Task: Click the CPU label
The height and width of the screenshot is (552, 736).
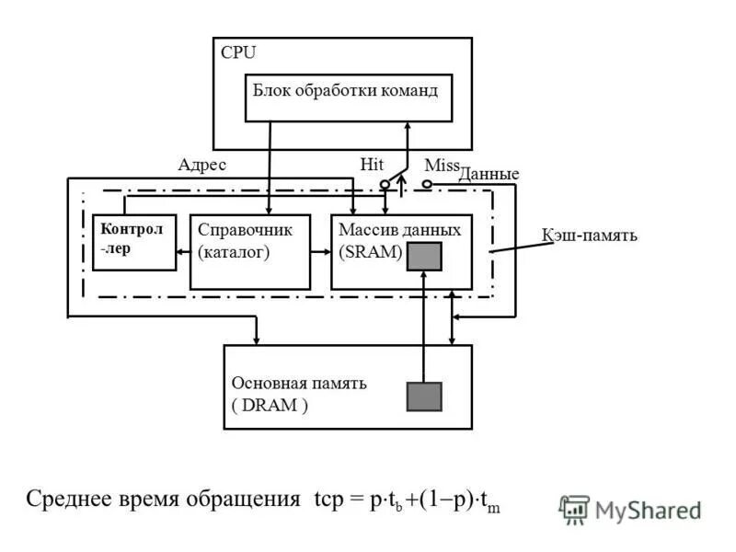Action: point(238,53)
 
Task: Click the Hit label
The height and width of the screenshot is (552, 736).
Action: point(372,165)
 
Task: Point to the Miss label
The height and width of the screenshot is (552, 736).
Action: point(441,165)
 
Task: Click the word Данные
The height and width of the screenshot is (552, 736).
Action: point(489,174)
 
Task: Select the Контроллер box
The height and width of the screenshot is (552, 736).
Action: point(133,242)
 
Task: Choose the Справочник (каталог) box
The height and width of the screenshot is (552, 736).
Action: point(249,251)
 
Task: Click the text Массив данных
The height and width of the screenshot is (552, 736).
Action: point(399,229)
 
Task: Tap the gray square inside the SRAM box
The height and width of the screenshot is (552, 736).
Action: point(424,257)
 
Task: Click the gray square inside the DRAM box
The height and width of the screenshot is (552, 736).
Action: point(424,396)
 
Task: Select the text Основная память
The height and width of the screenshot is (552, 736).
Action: point(299,384)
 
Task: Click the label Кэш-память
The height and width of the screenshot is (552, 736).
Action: point(589,236)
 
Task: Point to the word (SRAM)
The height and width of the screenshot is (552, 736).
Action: point(370,252)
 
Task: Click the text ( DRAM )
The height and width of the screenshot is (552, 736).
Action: point(270,406)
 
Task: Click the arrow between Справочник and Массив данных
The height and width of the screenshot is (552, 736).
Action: point(320,250)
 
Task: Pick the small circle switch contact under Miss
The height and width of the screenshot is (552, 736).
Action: point(427,184)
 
